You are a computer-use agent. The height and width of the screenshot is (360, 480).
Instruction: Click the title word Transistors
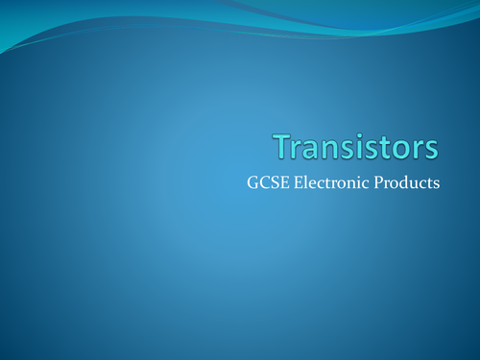(x=355, y=146)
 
